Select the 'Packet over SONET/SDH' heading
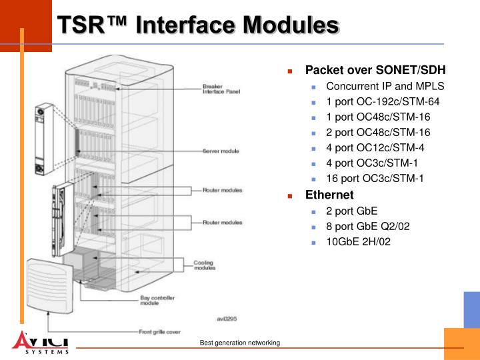(x=375, y=70)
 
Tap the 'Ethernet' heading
(x=329, y=195)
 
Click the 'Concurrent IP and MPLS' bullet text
(x=385, y=87)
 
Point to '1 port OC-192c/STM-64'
(x=383, y=102)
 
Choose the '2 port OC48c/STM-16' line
(x=378, y=133)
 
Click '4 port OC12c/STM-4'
(x=375, y=148)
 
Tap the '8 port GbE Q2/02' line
(x=367, y=226)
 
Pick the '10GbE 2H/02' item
(x=358, y=241)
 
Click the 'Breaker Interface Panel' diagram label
(x=221, y=89)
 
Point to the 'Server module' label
(x=221, y=151)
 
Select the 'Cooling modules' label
(x=204, y=265)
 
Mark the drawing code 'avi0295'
(x=227, y=318)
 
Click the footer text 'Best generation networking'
(x=240, y=343)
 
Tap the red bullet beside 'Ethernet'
(x=291, y=196)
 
